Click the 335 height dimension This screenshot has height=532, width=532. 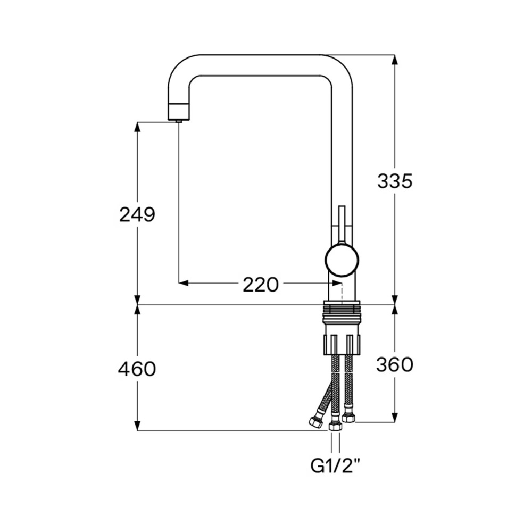click(x=395, y=181)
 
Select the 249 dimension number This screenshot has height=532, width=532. click(x=137, y=214)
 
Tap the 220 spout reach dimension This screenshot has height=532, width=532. click(x=261, y=285)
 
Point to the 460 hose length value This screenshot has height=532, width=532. click(x=137, y=369)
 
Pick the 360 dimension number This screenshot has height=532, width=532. click(x=395, y=365)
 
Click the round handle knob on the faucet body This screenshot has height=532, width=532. click(x=342, y=260)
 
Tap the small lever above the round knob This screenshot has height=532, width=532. click(x=342, y=225)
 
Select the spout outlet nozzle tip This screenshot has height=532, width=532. click(x=179, y=121)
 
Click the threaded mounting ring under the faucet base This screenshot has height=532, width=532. click(x=342, y=311)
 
